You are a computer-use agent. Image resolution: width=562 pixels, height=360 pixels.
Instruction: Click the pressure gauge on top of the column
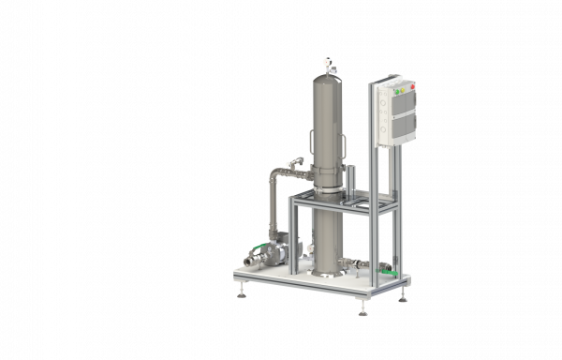(x=329, y=63)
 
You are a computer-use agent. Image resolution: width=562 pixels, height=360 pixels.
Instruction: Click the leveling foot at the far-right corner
(x=404, y=297)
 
